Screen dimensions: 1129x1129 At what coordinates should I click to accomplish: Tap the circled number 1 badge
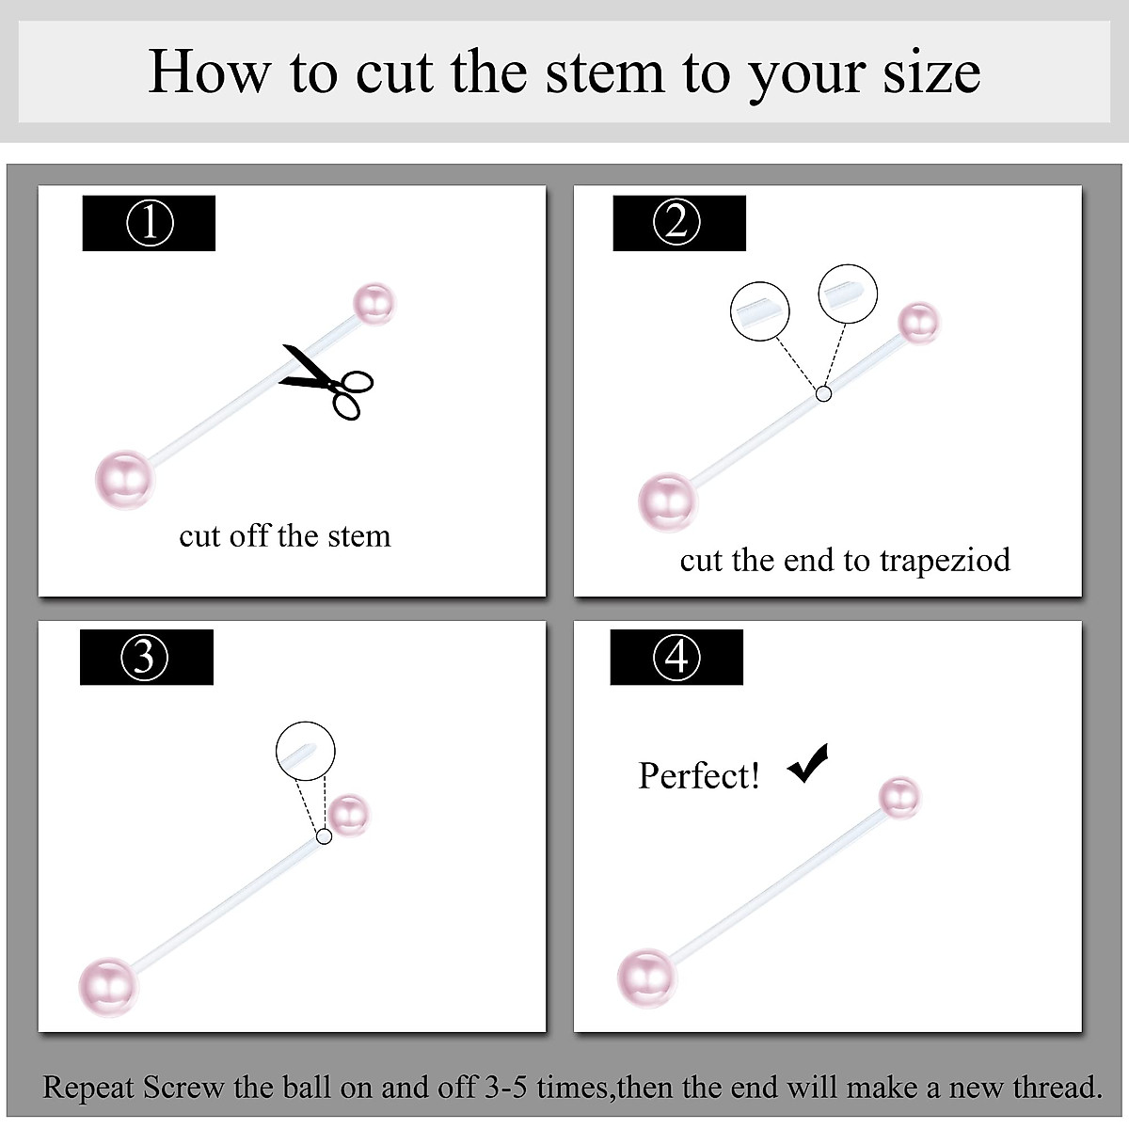point(150,223)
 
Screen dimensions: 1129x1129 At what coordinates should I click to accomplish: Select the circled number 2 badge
point(676,222)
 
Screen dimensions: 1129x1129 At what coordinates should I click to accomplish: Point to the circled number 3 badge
point(144,658)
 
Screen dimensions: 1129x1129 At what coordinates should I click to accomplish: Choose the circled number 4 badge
point(676,657)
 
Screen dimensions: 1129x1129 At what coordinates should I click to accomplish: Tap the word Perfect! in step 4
point(698,775)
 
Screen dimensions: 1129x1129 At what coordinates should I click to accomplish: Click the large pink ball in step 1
point(125,480)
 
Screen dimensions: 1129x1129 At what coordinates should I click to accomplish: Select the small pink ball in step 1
point(375,304)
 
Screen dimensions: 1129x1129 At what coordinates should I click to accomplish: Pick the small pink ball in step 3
point(348,816)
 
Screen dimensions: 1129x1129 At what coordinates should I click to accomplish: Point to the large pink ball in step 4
point(646,978)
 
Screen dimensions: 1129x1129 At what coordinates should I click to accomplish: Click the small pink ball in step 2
point(918,323)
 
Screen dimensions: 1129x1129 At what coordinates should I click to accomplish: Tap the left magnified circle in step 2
point(760,311)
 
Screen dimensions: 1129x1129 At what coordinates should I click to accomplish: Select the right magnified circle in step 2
point(848,294)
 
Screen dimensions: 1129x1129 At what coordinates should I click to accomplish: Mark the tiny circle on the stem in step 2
point(824,394)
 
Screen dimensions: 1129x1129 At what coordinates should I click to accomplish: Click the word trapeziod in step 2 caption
point(945,560)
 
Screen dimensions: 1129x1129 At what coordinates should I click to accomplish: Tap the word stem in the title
point(605,72)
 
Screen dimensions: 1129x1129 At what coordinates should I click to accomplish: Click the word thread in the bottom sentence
point(1057,1088)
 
